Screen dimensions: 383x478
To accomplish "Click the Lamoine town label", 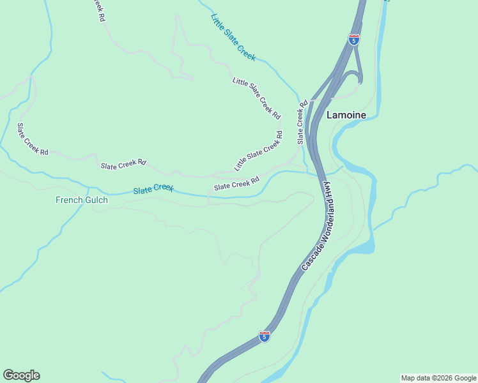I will tap(346, 116).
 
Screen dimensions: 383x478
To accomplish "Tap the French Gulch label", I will tap(82, 200).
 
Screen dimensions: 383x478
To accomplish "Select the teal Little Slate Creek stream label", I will tap(233, 38).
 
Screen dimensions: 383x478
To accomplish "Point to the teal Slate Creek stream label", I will tap(153, 189).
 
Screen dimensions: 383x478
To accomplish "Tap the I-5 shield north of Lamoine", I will tap(353, 40).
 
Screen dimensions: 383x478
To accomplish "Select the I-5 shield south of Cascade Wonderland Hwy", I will tap(265, 336).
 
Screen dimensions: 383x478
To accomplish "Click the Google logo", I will tap(21, 375).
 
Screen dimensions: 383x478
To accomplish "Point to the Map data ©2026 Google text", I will tap(438, 378).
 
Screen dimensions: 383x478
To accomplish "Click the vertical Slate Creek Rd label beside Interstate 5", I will tap(302, 122).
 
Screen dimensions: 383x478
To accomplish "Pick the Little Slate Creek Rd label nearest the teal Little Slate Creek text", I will tap(256, 98).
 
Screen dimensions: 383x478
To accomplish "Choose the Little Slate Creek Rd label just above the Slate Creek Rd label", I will tap(258, 151).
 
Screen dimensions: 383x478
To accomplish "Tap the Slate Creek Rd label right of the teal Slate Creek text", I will tap(236, 183).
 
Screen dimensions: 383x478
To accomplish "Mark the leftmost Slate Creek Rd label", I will tap(32, 139).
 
